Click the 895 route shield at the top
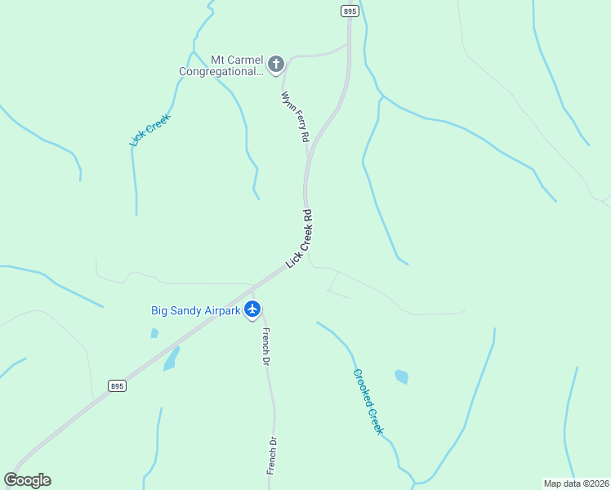coord(350,11)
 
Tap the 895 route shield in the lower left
coord(118,385)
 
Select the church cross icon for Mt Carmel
coord(276,64)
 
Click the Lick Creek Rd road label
coord(300,239)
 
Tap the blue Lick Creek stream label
coord(149,130)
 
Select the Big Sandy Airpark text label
coord(196,310)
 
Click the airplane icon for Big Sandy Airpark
coord(252,310)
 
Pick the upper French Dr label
coord(265,345)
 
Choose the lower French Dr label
coord(272,456)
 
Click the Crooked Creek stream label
coord(368,401)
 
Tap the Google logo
coord(27,480)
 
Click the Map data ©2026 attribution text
coord(576,483)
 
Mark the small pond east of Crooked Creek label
coord(401,376)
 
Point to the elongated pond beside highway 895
coord(171,359)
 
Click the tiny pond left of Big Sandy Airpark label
coord(154,333)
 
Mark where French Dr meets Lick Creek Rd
coord(252,290)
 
